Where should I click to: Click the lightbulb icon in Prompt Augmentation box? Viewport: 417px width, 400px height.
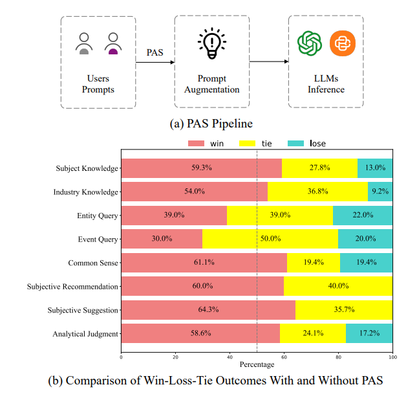(x=211, y=43)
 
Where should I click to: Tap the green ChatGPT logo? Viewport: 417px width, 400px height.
(x=310, y=43)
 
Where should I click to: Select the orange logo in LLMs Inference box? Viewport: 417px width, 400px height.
(x=342, y=43)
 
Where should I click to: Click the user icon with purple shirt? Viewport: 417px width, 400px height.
(x=114, y=44)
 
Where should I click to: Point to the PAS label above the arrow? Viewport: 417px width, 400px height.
(x=154, y=50)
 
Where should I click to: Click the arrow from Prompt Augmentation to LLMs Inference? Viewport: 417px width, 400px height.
(x=268, y=62)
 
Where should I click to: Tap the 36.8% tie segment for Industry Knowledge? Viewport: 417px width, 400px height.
(x=317, y=192)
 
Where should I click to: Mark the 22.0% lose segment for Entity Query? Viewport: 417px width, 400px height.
(x=363, y=216)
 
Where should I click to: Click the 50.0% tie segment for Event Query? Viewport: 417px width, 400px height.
(x=270, y=239)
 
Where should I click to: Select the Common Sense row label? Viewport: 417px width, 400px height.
(x=93, y=263)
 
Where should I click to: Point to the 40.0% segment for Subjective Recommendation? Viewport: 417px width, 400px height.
(x=338, y=286)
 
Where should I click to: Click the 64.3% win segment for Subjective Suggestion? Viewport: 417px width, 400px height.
(x=208, y=310)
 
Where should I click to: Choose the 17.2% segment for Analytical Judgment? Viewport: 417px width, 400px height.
(x=369, y=333)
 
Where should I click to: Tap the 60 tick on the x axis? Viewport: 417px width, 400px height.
(x=284, y=357)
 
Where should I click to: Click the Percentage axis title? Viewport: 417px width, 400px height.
(x=257, y=365)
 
